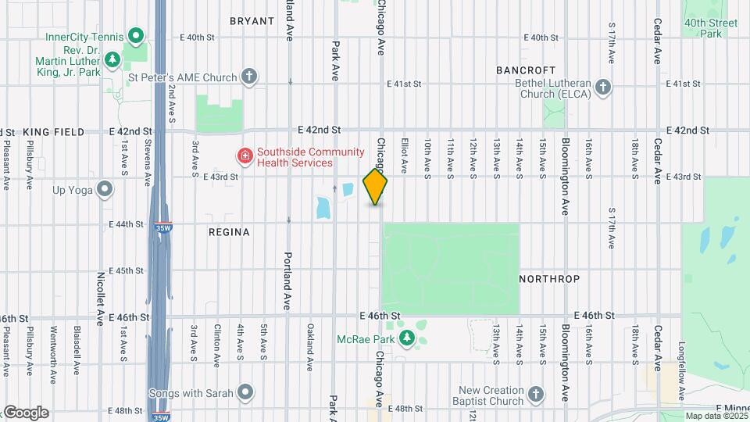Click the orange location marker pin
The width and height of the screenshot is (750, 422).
pyautogui.click(x=376, y=187)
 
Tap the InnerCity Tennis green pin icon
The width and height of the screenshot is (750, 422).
pyautogui.click(x=136, y=35)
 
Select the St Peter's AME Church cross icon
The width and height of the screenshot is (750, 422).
pyautogui.click(x=249, y=77)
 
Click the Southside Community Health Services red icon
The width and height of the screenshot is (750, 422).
pyautogui.click(x=245, y=156)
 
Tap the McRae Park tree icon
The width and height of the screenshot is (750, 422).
pyautogui.click(x=406, y=338)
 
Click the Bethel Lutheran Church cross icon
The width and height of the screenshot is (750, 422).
pyautogui.click(x=602, y=87)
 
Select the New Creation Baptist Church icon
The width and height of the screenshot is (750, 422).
pyautogui.click(x=535, y=393)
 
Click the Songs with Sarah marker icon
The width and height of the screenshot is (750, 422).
pyautogui.click(x=245, y=392)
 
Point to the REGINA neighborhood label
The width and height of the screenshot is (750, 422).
pyautogui.click(x=229, y=232)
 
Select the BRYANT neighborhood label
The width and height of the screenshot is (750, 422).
pyautogui.click(x=252, y=21)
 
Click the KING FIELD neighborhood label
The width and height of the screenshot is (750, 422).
pyautogui.click(x=53, y=132)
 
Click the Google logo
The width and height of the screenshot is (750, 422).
pyautogui.click(x=25, y=412)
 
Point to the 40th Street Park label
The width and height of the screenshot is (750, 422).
pyautogui.click(x=710, y=28)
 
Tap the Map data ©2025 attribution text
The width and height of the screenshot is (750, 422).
pyautogui.click(x=715, y=416)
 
